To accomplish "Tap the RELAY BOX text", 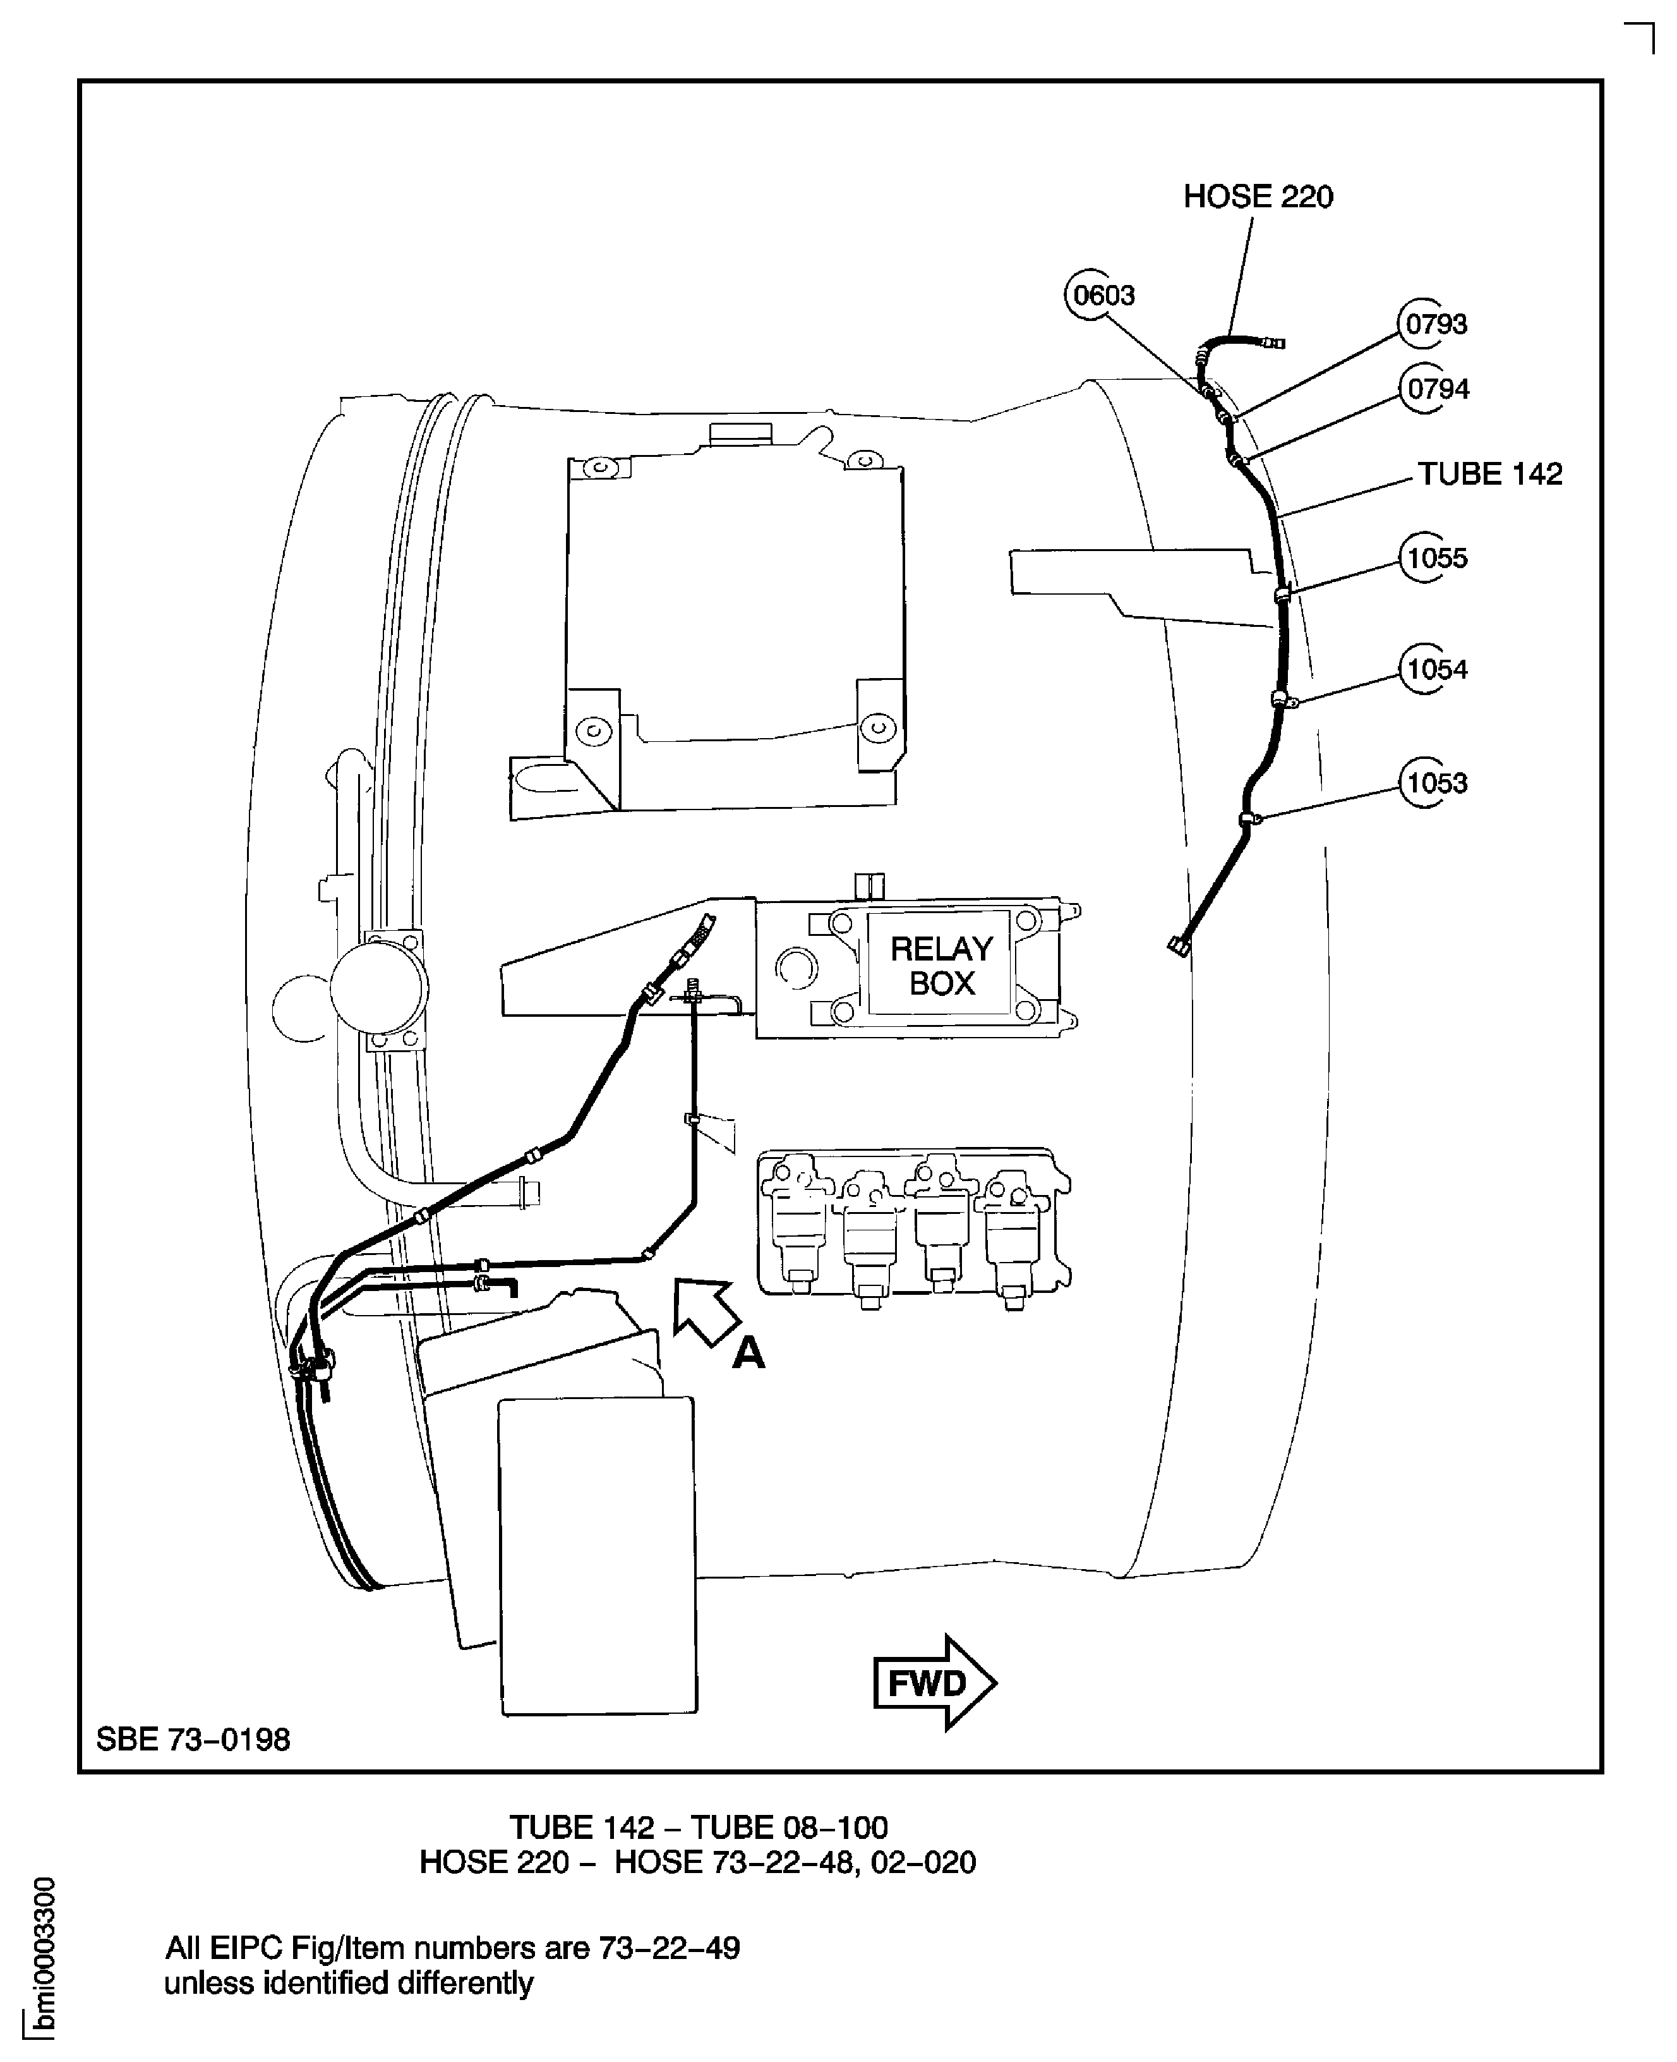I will pos(941,966).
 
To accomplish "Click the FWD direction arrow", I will pos(933,1682).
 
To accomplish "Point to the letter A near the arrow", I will pos(748,1353).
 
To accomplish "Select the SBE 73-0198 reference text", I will pos(193,1739).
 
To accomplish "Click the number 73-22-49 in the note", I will pos(668,1947).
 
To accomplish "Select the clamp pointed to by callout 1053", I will pos(1249,820).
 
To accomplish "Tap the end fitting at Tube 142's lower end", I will pos(1179,946).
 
